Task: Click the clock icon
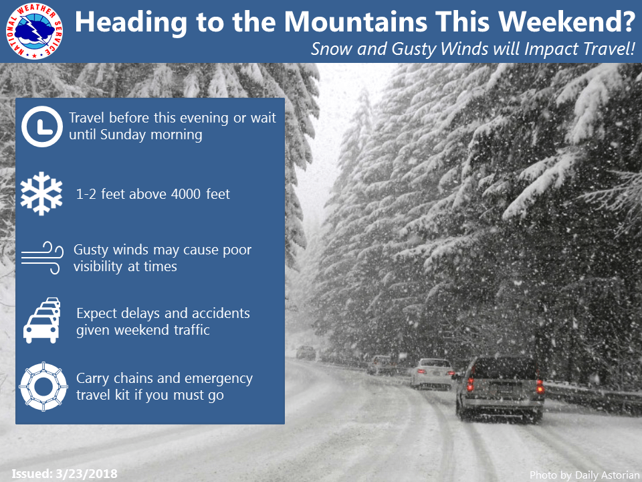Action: click(41, 126)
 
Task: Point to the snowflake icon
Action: click(41, 194)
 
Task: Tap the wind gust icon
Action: click(41, 258)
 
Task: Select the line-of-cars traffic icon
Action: click(41, 321)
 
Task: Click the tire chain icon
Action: click(41, 386)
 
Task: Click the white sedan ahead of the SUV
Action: click(432, 374)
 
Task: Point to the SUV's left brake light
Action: click(470, 384)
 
